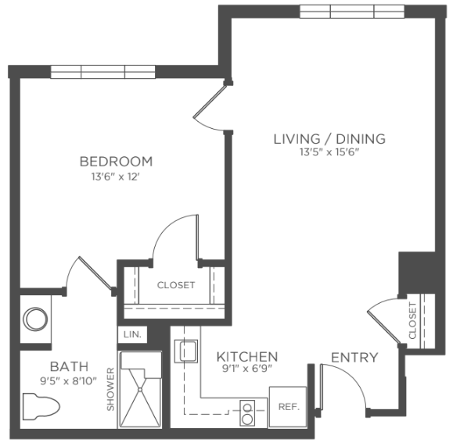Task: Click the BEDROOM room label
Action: click(116, 162)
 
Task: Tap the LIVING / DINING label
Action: click(329, 139)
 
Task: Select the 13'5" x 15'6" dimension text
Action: click(329, 152)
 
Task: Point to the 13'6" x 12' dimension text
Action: click(116, 177)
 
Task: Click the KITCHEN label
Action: click(247, 357)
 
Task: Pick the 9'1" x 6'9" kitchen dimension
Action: click(247, 369)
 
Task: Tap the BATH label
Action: click(69, 366)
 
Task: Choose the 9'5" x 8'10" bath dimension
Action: click(68, 381)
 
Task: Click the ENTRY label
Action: click(354, 358)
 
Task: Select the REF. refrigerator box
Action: click(288, 407)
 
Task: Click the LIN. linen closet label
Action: click(132, 334)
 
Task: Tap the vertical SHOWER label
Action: click(110, 389)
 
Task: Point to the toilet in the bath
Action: click(41, 406)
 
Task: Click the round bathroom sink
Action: click(35, 319)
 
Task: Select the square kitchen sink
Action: click(186, 351)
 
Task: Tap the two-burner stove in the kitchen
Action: click(247, 413)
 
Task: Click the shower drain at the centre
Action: click(140, 390)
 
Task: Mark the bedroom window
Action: click(102, 72)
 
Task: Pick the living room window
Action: click(352, 12)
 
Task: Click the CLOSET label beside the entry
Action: click(412, 320)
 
